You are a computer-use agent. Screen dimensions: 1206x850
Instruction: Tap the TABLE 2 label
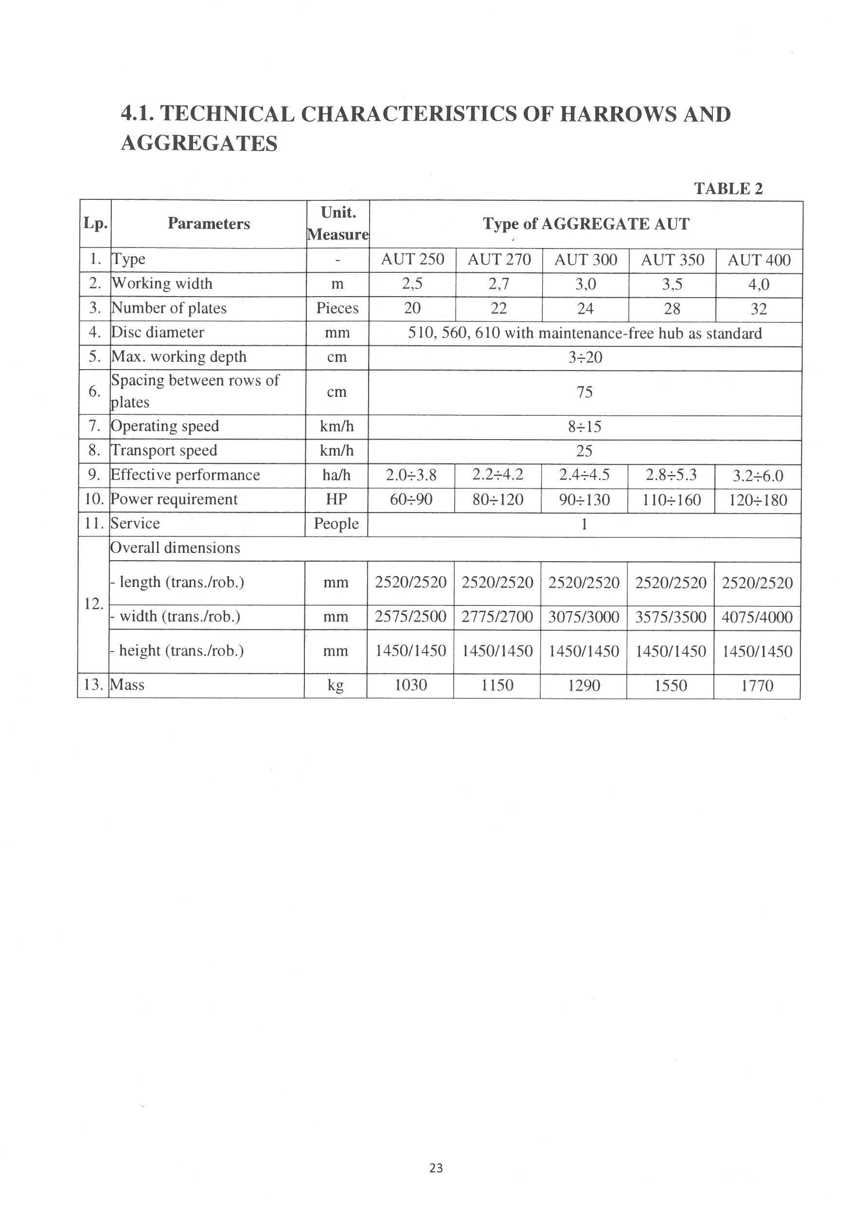coord(727,188)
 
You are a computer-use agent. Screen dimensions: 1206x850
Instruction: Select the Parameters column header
coord(209,224)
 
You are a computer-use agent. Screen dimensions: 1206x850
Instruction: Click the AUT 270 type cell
coord(499,260)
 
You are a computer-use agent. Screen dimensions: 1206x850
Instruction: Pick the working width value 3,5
coord(672,284)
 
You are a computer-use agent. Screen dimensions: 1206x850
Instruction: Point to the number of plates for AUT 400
coord(758,309)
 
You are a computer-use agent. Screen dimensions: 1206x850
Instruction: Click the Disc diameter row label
coord(158,333)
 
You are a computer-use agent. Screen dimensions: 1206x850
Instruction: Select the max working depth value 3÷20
coord(584,358)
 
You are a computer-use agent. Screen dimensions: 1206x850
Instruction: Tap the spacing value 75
coord(584,392)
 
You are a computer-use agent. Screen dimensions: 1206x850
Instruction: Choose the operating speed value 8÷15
coord(584,426)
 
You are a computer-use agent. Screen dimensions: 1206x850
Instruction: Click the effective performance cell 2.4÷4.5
coord(584,475)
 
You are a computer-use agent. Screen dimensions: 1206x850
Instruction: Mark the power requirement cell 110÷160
coord(671,499)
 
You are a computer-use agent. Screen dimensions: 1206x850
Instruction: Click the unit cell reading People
coord(336,524)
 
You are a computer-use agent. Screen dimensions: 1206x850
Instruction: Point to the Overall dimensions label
coord(175,548)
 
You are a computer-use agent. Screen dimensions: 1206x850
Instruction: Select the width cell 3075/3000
coord(584,617)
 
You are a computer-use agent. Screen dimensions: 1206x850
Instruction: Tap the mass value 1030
coord(411,685)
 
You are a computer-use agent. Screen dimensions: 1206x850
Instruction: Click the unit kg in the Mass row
coord(336,685)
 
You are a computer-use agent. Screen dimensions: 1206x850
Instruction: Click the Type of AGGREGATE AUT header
coord(586,224)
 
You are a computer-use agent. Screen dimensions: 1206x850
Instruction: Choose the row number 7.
coord(94,426)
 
